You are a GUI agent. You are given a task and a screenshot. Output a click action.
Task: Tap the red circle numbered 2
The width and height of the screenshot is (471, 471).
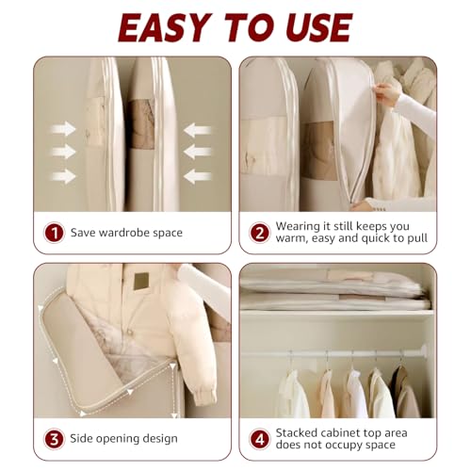[259, 232]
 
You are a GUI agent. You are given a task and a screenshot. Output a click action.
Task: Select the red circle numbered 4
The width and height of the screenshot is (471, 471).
[259, 438]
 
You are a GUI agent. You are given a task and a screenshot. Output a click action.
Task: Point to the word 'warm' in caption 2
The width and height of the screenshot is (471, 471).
[293, 238]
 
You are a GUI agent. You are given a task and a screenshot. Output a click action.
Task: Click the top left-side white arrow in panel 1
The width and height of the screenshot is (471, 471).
[64, 129]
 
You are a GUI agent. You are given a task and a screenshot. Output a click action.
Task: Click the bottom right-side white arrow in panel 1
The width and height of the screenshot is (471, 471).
[197, 175]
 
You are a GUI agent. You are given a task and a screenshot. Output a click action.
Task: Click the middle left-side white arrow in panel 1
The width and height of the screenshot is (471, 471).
[64, 152]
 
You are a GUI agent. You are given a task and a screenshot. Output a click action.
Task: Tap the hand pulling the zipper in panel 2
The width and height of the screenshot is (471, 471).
[385, 94]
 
